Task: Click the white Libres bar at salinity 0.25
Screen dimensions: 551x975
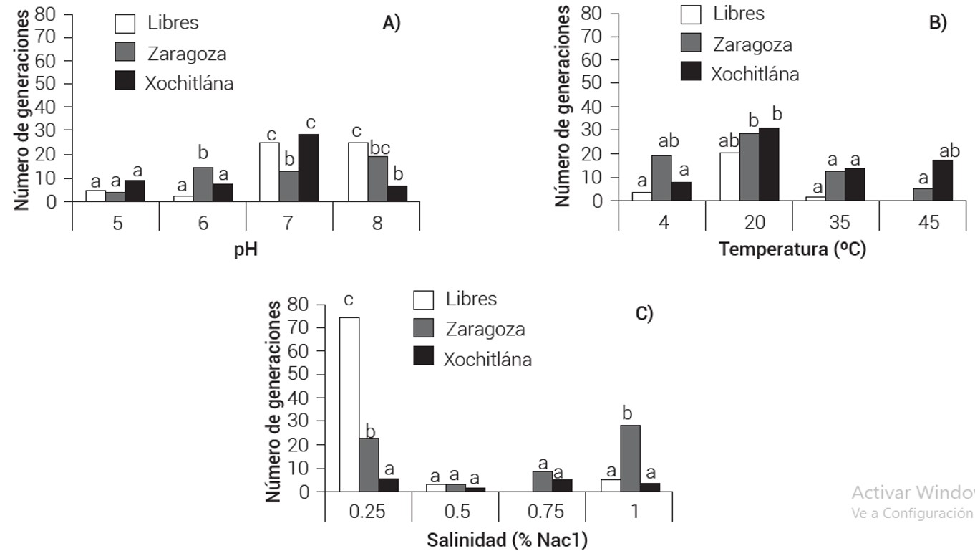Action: (349, 404)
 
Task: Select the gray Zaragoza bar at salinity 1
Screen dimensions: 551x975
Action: (631, 459)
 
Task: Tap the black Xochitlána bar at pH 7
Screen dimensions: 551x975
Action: (309, 168)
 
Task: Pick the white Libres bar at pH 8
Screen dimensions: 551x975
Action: (358, 172)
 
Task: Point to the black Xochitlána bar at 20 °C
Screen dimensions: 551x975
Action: (769, 164)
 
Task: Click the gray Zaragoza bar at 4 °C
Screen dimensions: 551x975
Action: (662, 178)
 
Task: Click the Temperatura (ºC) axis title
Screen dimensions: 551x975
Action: (792, 250)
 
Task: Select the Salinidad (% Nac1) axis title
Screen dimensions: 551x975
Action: (508, 540)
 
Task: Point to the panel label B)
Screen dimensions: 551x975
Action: (938, 23)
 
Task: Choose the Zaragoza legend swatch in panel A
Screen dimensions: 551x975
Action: (125, 52)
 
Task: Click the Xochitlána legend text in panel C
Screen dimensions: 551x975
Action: (487, 359)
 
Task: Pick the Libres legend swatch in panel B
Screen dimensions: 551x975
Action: (691, 14)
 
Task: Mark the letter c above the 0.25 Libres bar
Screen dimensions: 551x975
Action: (349, 300)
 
